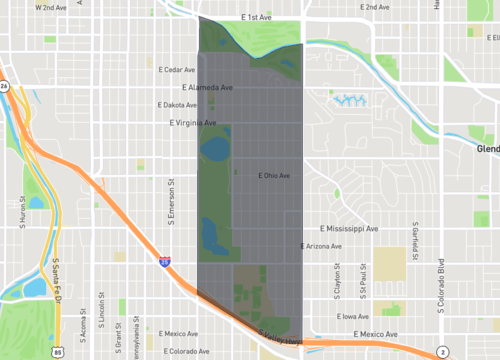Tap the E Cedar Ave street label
coord(178,70)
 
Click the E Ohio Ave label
coord(273,176)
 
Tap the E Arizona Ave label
coord(321,246)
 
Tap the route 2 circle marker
coord(442,352)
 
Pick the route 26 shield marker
coord(4,87)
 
